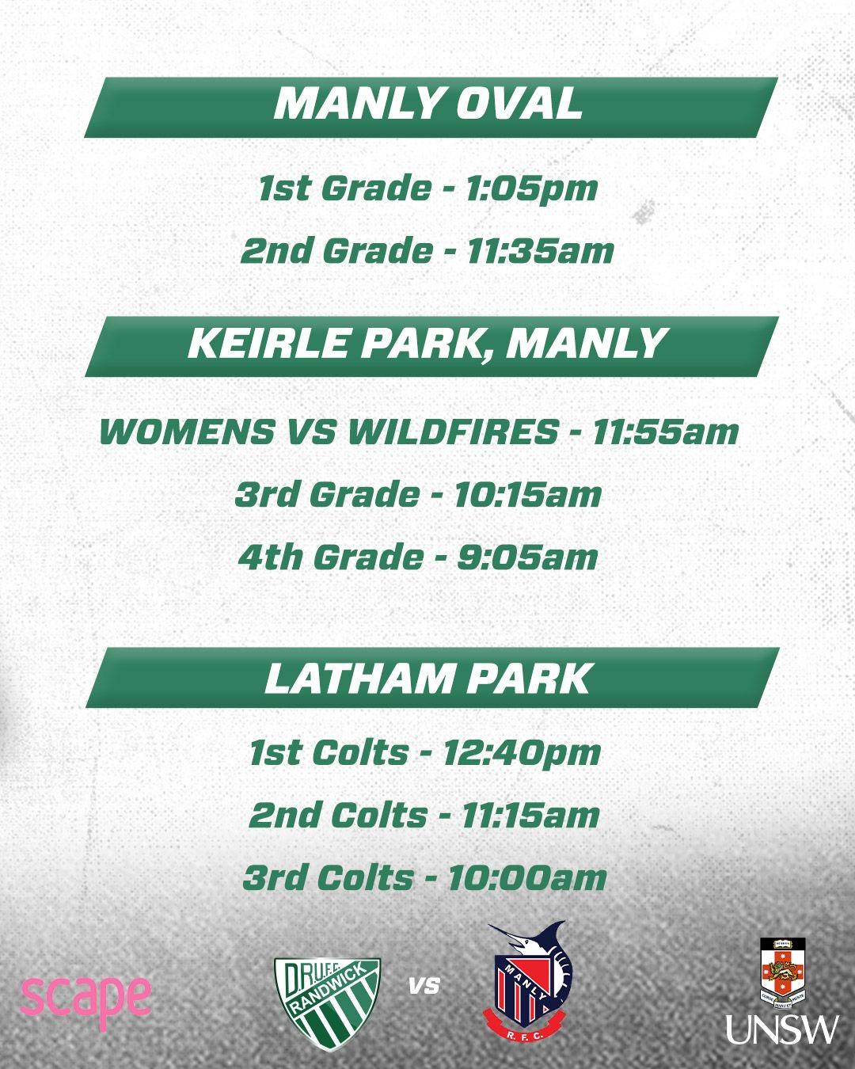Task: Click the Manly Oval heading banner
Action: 431,108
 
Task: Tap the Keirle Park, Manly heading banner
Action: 431,346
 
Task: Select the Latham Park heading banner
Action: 431,678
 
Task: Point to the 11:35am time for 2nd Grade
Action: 540,251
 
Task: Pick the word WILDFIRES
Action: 453,432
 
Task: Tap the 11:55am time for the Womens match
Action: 664,432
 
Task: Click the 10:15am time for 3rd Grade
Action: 527,494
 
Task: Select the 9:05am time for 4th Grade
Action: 527,557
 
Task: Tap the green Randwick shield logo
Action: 327,992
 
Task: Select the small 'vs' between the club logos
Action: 425,985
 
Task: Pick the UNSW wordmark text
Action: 782,1029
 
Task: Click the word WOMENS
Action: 187,432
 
